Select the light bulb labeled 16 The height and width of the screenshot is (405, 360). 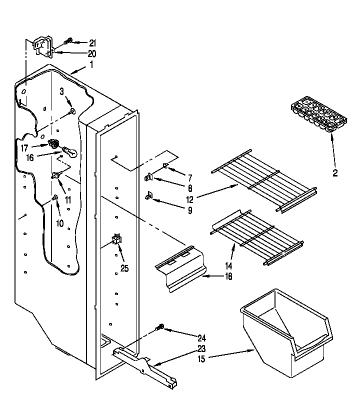pos(70,152)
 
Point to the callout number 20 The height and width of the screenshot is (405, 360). pos(91,53)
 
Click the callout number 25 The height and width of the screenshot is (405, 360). pos(124,268)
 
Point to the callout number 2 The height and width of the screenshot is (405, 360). pos(335,173)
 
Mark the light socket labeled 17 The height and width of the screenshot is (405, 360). pos(52,145)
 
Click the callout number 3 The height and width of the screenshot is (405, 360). pos(62,91)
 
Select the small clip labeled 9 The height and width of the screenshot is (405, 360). pos(149,196)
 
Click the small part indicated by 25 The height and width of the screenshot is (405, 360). pos(116,239)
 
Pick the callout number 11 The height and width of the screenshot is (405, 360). pos(68,200)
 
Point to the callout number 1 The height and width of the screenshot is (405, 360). pos(91,64)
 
